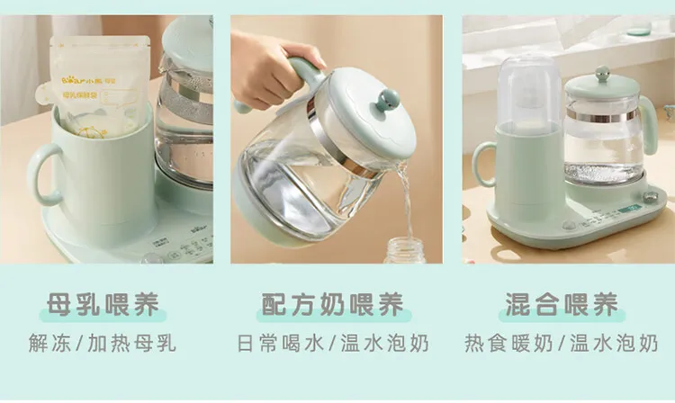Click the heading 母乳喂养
click(x=107, y=306)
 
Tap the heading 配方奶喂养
click(x=332, y=306)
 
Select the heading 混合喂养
click(x=562, y=306)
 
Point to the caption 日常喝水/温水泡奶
click(x=333, y=344)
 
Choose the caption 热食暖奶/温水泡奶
click(x=562, y=344)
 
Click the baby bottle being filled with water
click(x=406, y=251)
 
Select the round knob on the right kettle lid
click(x=603, y=76)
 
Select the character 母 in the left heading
click(x=60, y=306)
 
